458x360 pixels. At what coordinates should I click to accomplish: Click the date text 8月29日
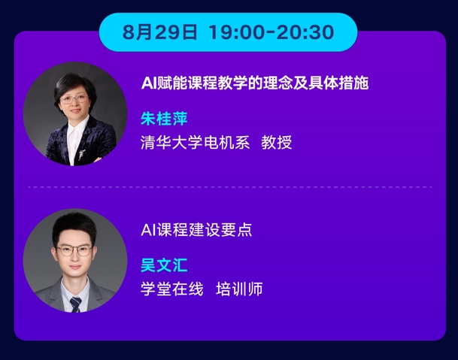[x=159, y=32]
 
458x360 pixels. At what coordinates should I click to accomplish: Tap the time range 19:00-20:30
[x=271, y=32]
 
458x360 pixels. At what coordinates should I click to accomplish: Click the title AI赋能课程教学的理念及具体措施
[x=255, y=83]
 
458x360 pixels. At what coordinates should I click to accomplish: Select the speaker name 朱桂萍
[x=164, y=119]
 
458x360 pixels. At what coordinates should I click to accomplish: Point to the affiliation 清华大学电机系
[x=195, y=142]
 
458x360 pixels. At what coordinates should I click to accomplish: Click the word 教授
[x=276, y=142]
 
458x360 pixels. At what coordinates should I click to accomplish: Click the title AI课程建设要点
[x=196, y=229]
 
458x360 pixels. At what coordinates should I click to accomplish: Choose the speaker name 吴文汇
[x=164, y=265]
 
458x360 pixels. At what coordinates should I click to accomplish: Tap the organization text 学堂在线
[x=171, y=289]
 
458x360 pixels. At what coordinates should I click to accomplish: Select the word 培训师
[x=239, y=289]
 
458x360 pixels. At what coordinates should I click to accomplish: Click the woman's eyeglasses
[x=74, y=99]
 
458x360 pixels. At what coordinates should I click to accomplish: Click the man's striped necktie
[x=75, y=304]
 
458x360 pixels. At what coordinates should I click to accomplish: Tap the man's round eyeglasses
[x=74, y=250]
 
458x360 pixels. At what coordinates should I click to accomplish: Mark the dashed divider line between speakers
[x=230, y=187]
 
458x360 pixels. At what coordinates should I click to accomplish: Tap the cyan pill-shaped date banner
[x=229, y=32]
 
